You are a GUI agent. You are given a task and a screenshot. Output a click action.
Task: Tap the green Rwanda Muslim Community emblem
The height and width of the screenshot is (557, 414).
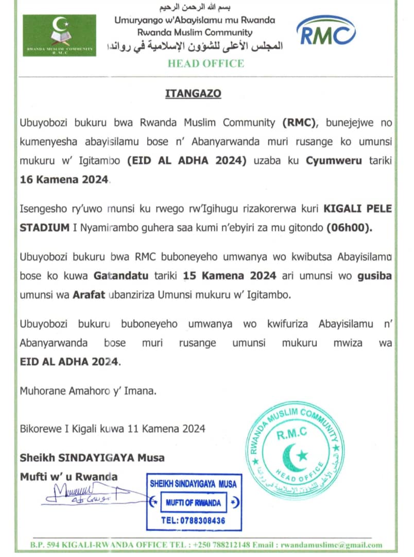[59, 35]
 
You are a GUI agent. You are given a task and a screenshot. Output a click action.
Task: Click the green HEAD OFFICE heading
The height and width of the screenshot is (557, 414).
[205, 63]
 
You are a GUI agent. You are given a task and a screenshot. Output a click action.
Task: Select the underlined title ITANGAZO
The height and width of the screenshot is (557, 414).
[193, 94]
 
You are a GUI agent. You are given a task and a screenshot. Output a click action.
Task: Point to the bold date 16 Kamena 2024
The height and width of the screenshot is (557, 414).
[64, 179]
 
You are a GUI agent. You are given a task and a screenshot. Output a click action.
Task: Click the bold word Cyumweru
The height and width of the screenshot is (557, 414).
[335, 160]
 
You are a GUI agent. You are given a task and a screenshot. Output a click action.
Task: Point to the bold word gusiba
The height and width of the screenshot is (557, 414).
[374, 276]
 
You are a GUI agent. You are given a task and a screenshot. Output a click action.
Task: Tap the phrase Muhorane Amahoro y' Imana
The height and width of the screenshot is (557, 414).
[88, 390]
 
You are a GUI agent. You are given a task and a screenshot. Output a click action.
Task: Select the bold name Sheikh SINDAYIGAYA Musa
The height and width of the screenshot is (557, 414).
[92, 457]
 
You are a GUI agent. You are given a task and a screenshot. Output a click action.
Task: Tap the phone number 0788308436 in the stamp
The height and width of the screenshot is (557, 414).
[193, 520]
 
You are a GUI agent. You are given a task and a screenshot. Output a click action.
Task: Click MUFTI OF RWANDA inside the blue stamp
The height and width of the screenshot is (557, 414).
[193, 502]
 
